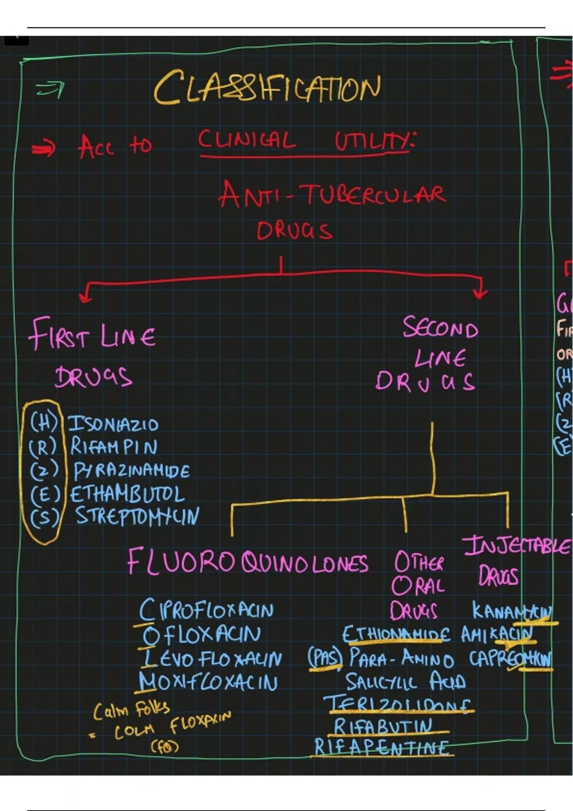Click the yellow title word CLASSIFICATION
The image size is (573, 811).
pyautogui.click(x=267, y=88)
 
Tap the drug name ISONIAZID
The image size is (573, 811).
pyautogui.click(x=113, y=424)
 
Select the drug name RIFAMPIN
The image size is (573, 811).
pyautogui.click(x=114, y=447)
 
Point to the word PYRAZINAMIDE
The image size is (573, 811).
pyautogui.click(x=131, y=471)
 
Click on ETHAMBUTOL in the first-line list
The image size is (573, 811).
pyautogui.click(x=127, y=494)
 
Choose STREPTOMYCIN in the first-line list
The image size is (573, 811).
pyautogui.click(x=137, y=516)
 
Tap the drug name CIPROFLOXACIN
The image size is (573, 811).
pyautogui.click(x=206, y=610)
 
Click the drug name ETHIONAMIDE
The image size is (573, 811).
pyautogui.click(x=396, y=635)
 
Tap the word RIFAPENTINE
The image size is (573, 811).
pyautogui.click(x=382, y=748)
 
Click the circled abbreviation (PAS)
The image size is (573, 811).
pyautogui.click(x=325, y=659)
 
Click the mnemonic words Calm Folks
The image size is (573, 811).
pyautogui.click(x=131, y=710)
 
